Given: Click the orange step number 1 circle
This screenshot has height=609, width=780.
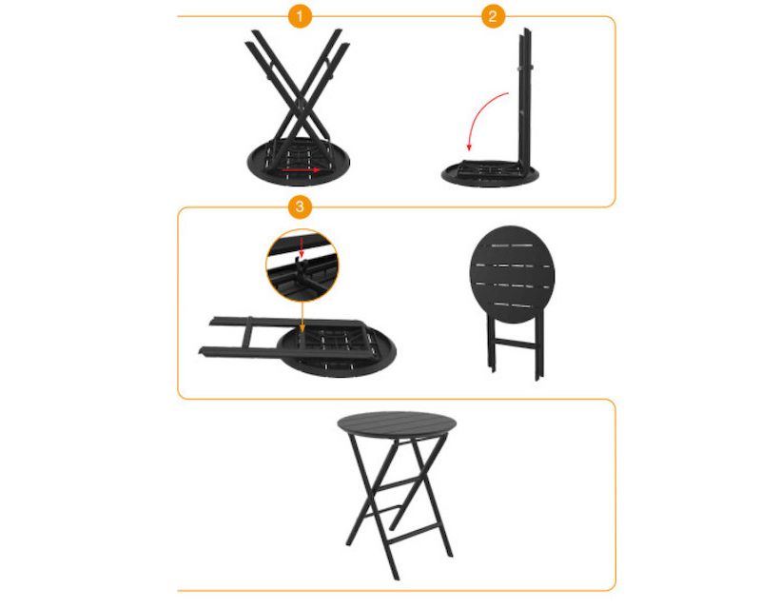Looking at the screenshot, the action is (300, 16).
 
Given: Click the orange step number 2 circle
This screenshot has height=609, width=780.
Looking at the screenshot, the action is (493, 16).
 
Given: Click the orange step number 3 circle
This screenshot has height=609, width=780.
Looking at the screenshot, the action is (300, 206).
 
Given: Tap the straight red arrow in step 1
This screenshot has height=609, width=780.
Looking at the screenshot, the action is (301, 170).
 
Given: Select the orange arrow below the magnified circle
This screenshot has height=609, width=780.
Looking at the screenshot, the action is (302, 317).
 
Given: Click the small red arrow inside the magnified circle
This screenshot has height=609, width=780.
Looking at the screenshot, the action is (301, 247).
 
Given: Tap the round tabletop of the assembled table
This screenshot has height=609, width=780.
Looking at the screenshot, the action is (397, 423).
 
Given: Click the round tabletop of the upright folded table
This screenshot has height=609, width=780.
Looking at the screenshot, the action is (512, 274).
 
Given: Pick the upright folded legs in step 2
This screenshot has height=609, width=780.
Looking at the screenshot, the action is (525, 100).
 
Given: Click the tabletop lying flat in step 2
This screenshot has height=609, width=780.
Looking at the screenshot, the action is (490, 174).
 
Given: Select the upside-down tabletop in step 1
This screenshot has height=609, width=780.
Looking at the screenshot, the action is (299, 163).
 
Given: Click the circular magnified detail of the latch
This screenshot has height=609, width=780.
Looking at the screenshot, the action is (302, 265).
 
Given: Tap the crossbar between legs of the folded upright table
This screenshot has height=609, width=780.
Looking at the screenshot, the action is (515, 344).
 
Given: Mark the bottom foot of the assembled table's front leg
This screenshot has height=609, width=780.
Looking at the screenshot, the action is (396, 578).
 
